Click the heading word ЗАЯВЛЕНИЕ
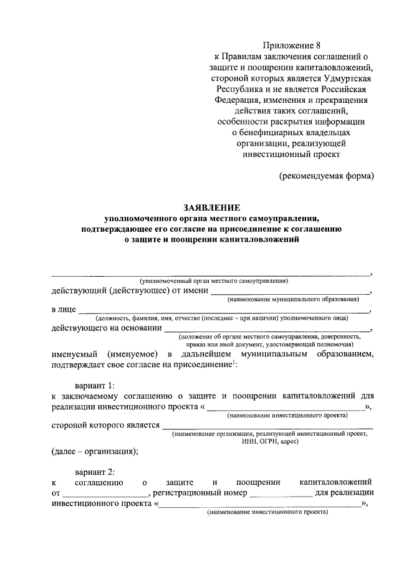pyautogui.click(x=211, y=207)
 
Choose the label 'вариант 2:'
pyautogui.click(x=95, y=472)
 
